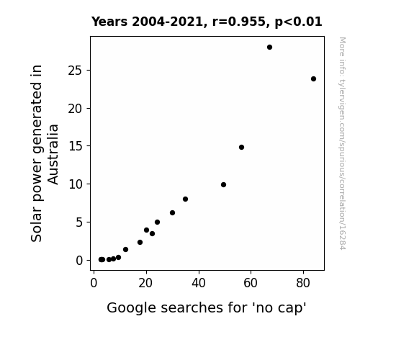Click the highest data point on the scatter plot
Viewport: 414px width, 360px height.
(x=269, y=48)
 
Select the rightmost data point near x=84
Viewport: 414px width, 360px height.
(x=313, y=78)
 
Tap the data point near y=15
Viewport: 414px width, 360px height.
(x=241, y=147)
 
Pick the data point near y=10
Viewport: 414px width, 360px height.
(x=223, y=184)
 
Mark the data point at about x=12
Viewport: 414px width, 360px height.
(x=126, y=249)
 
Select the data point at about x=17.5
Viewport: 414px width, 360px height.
(x=140, y=242)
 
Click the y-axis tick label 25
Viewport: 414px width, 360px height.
(x=75, y=71)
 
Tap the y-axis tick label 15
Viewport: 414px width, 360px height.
(x=76, y=146)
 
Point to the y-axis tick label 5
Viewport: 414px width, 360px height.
(x=79, y=222)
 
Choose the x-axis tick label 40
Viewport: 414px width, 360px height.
(x=199, y=283)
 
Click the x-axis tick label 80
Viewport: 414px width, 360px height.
(x=303, y=283)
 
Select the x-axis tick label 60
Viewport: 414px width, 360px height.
(x=251, y=283)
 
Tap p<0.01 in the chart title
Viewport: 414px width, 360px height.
(x=298, y=22)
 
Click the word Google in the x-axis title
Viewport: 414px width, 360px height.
(x=132, y=308)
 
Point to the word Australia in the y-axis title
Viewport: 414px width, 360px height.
(x=53, y=154)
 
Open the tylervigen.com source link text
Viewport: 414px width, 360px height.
(x=342, y=143)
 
